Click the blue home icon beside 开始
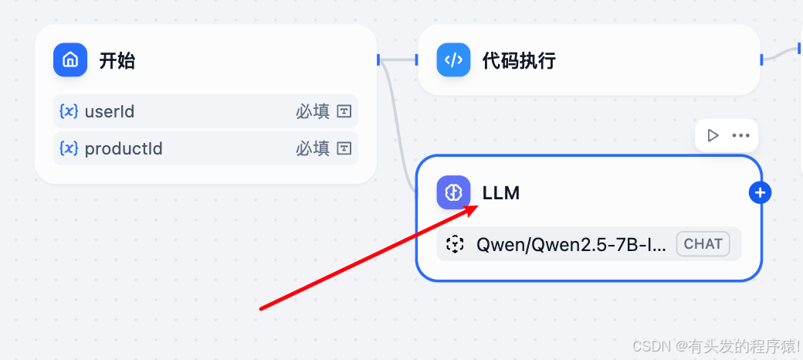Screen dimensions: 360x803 pyautogui.click(x=70, y=59)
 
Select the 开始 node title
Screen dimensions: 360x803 pyautogui.click(x=117, y=60)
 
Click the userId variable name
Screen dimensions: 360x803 pyautogui.click(x=109, y=112)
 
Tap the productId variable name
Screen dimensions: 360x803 pyautogui.click(x=124, y=148)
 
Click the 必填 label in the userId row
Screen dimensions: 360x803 pyautogui.click(x=312, y=112)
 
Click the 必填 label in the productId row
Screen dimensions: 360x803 pyautogui.click(x=312, y=148)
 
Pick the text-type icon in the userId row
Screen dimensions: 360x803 pyautogui.click(x=344, y=112)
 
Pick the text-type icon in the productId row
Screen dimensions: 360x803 pyautogui.click(x=344, y=148)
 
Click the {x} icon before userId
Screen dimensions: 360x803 pyautogui.click(x=69, y=112)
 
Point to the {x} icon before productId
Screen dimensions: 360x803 pyautogui.click(x=69, y=148)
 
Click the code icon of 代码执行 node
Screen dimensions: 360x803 pyautogui.click(x=453, y=59)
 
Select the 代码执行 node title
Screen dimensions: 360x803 pyautogui.click(x=519, y=60)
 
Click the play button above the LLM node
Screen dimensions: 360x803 pyautogui.click(x=713, y=135)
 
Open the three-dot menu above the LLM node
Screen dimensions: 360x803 pyautogui.click(x=740, y=135)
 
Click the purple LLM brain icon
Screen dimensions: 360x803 pyautogui.click(x=453, y=192)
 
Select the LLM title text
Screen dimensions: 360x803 pyautogui.click(x=501, y=193)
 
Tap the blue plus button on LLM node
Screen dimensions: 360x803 pyautogui.click(x=761, y=192)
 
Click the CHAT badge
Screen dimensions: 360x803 pyautogui.click(x=703, y=244)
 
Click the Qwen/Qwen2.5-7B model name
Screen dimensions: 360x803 pyautogui.click(x=571, y=245)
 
